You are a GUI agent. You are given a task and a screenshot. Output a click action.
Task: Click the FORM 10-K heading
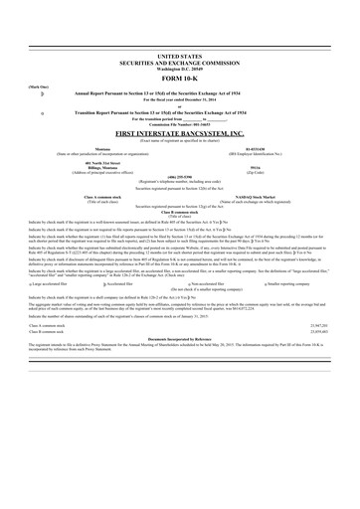coord(179,79)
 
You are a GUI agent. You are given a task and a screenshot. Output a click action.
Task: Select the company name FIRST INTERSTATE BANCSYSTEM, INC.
coord(179,132)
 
